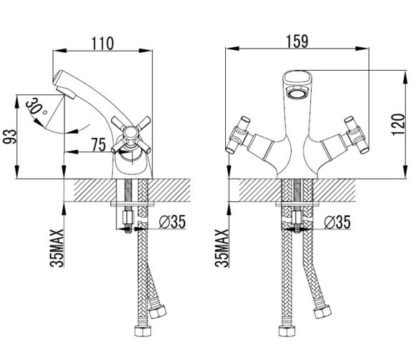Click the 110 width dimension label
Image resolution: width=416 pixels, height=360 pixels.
[102, 44]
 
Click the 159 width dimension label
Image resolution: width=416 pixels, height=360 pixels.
[297, 41]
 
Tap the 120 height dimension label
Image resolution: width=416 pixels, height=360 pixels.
[399, 124]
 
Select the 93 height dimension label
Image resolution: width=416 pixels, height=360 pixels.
[10, 136]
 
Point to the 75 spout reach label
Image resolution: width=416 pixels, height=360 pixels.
[99, 144]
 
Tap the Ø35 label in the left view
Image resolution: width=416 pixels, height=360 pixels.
[172, 221]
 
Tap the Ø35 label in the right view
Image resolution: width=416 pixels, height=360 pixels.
[337, 222]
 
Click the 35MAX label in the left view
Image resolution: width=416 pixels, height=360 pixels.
[56, 248]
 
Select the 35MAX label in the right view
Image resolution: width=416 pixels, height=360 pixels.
[222, 248]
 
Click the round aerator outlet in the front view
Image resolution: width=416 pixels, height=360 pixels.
[297, 94]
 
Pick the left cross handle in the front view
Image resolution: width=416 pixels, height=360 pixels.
[238, 135]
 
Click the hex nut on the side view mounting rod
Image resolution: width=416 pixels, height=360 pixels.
[128, 217]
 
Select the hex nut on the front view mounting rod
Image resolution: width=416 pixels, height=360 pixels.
[297, 218]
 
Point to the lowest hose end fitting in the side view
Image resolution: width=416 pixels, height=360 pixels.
[143, 330]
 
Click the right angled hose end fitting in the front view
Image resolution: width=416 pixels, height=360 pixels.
[322, 311]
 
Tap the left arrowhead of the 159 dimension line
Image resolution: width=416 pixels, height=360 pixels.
[232, 49]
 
